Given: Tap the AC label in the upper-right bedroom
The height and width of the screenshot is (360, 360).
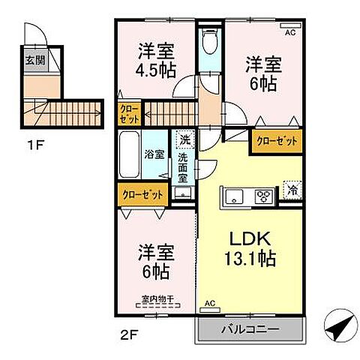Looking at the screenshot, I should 289,32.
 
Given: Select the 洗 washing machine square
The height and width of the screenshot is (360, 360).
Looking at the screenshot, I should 184,139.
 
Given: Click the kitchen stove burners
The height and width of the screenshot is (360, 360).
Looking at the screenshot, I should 265,197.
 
